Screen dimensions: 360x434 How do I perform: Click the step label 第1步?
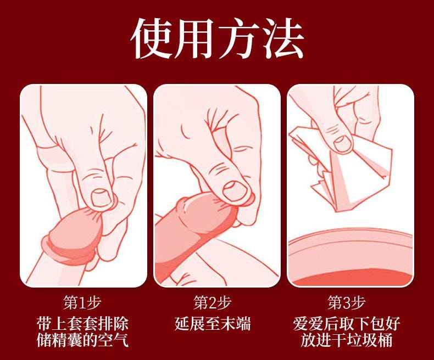[83, 302]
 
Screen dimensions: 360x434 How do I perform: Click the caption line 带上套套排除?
[83, 323]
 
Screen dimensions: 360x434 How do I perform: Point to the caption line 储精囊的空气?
[83, 340]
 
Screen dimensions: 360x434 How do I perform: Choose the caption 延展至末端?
[216, 323]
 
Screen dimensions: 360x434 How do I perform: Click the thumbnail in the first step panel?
[84, 185]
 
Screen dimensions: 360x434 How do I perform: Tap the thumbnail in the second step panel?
[216, 185]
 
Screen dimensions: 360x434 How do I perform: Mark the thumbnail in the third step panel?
[349, 185]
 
